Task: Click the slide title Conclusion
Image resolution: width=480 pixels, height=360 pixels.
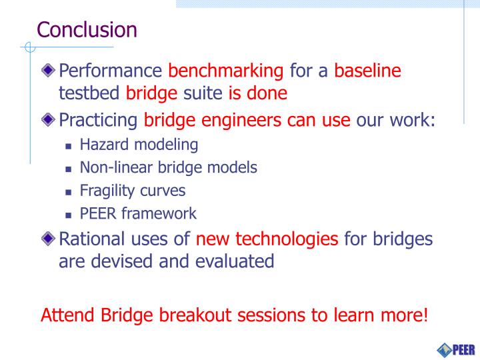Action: coord(87,30)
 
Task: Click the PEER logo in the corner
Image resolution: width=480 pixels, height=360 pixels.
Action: coord(455,349)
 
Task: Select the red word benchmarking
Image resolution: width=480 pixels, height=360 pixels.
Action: coord(226,71)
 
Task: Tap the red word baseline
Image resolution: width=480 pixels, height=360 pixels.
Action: coord(367,71)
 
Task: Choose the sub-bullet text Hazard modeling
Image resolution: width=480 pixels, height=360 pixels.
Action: coord(139,144)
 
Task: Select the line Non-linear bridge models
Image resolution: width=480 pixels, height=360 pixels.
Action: coord(168,167)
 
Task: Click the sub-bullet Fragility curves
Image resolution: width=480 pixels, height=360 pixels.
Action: coord(132,191)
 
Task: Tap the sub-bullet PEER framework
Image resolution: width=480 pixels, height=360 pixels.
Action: coord(138,214)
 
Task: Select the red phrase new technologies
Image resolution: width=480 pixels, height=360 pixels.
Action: coord(267,238)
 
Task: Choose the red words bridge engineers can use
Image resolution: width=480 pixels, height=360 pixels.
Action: coord(247,121)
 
